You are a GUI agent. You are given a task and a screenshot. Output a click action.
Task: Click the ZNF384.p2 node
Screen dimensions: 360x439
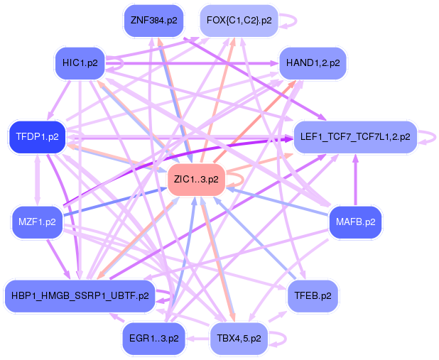[x=153, y=20]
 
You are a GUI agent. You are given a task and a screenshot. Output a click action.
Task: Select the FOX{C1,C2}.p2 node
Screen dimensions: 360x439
[x=239, y=20]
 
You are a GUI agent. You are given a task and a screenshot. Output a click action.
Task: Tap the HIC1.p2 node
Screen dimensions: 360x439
[x=80, y=63]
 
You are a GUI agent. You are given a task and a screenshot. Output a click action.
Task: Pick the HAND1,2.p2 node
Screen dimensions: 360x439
[x=313, y=63]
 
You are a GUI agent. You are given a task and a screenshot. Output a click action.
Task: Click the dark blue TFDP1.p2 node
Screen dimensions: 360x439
[x=37, y=136]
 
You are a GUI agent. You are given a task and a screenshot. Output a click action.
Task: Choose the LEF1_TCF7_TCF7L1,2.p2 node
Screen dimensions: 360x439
[x=354, y=136]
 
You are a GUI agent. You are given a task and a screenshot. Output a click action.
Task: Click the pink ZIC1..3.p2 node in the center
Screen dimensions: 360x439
[x=195, y=179]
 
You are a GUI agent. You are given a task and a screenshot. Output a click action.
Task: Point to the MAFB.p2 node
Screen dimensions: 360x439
[x=355, y=222]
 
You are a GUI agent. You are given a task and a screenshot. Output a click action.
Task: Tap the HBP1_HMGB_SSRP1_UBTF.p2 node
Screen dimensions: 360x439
[x=80, y=295]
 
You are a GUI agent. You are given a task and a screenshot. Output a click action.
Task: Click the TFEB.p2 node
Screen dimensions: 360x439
[x=312, y=295]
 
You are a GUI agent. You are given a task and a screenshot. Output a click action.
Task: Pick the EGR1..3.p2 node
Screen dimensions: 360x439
[x=153, y=339]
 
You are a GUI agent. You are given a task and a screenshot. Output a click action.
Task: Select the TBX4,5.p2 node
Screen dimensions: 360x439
[x=239, y=339]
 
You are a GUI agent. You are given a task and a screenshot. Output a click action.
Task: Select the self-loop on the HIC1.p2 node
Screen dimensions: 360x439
[x=121, y=63]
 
